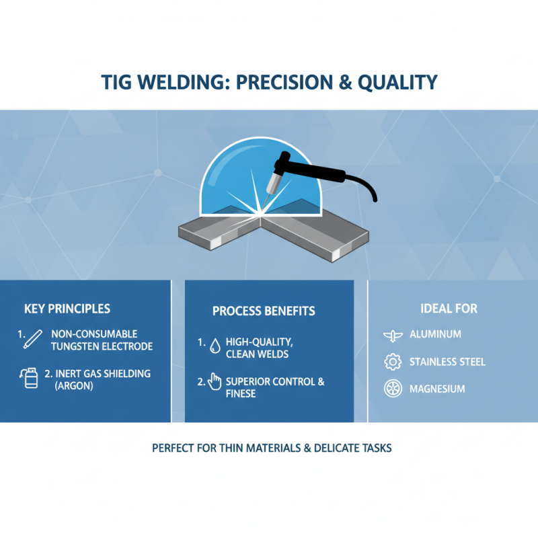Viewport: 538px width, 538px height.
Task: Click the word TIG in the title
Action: click(x=119, y=82)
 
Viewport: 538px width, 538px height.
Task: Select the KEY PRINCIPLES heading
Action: click(x=67, y=309)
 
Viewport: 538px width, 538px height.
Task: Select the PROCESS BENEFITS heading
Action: click(x=264, y=311)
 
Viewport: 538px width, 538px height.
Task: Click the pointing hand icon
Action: click(x=215, y=382)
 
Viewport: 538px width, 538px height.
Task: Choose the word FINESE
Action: click(x=241, y=393)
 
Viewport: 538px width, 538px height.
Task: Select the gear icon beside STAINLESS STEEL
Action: click(x=392, y=362)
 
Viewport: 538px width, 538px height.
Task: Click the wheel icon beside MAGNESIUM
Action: click(x=392, y=389)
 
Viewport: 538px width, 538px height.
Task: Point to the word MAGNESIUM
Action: click(x=436, y=389)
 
